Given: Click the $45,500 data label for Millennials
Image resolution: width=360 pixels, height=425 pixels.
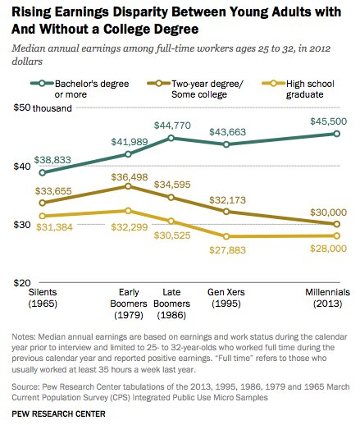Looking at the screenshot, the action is pos(328,121).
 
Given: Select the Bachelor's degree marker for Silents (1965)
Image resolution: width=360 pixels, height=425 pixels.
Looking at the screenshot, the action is pos(43,172).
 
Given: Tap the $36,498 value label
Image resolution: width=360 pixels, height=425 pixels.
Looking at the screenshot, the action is pos(130,177).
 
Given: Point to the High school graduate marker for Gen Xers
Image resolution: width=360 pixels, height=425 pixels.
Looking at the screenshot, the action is pos(226,236).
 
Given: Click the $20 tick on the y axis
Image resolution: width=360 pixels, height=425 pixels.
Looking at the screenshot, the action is pos(22,282).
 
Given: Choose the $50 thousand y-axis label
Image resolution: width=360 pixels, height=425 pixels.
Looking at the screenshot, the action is pos(43,108).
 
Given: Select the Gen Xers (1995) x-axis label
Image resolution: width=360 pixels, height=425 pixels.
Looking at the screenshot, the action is pos(226,298).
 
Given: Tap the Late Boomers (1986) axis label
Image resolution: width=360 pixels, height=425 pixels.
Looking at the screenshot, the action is pos(171,304).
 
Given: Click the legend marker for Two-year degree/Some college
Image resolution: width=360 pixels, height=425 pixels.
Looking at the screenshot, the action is pos(158,83).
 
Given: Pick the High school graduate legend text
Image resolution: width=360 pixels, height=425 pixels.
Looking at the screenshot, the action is pos(310,89).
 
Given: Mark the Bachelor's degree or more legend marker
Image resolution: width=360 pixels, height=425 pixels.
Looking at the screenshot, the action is pos(42,83).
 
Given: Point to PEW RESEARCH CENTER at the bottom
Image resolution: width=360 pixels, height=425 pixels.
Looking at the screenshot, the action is pos(58,414).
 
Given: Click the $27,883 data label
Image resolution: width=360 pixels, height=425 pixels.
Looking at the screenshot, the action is pos(228,250).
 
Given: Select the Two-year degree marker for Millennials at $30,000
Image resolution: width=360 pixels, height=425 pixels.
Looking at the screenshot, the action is pos(337,224).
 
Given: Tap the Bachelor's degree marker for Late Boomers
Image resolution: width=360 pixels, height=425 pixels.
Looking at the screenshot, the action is pos(171,138).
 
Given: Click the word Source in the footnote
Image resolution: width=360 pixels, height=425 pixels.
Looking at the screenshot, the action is pos(25,386).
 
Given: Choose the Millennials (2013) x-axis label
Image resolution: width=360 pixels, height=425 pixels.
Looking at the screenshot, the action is pos(327,298).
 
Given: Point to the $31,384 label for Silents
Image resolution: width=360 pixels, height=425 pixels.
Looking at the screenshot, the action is pos(54,227).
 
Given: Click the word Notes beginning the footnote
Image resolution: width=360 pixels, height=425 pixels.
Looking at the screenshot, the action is pos(24,336).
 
